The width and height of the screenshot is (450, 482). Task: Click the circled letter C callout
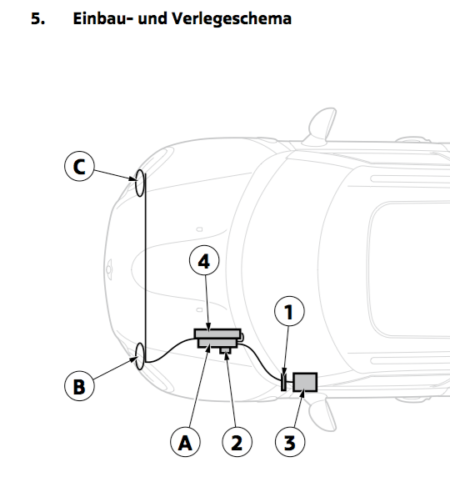tap(79, 166)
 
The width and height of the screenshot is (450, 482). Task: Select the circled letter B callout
tap(79, 386)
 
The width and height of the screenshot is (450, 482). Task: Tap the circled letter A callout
tap(185, 442)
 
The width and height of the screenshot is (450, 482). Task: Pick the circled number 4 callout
tap(204, 260)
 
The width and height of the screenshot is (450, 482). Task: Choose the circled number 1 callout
tap(289, 311)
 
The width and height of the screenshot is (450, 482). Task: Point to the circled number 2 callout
tap(237, 442)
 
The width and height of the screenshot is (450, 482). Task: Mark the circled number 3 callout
tap(290, 442)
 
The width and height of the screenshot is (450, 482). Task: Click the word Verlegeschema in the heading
tap(232, 18)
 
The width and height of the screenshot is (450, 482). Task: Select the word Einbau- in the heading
tap(103, 18)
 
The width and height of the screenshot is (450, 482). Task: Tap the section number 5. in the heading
tap(37, 18)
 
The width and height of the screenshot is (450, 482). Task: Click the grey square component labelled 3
tap(305, 382)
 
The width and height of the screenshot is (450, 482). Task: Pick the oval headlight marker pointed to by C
tap(140, 183)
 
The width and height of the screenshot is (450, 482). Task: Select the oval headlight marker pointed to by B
tap(140, 356)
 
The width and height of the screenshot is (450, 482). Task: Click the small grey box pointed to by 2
tap(225, 350)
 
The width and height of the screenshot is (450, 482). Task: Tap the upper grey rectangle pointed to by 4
tap(217, 334)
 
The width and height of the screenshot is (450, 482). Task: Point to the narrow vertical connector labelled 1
tap(284, 382)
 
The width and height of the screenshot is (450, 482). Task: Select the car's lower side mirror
tap(322, 413)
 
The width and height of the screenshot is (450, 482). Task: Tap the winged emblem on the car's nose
tap(109, 269)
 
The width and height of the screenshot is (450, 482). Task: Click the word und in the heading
tap(152, 18)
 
